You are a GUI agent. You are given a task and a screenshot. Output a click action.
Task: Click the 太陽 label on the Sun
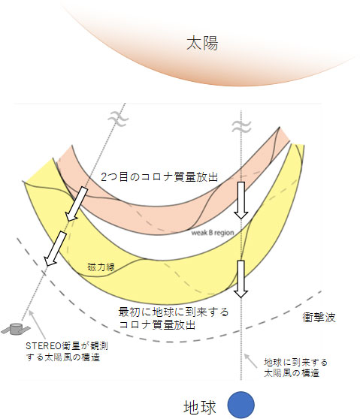tap(202, 44)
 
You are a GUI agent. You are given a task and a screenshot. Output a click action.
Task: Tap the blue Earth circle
tap(241, 405)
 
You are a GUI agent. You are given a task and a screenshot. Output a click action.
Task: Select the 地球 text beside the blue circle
tap(200, 408)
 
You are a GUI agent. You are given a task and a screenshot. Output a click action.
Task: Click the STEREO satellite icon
tap(16, 329)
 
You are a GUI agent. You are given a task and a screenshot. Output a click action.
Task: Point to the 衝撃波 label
tap(319, 318)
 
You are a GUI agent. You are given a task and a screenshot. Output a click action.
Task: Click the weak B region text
tap(213, 233)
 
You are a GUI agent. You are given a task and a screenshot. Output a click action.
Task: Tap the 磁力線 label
tap(101, 267)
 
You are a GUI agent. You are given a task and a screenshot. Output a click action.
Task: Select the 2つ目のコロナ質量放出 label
tap(159, 177)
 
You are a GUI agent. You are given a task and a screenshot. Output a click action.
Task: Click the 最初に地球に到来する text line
tap(174, 312)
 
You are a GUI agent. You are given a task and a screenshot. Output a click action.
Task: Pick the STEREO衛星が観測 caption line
tap(67, 346)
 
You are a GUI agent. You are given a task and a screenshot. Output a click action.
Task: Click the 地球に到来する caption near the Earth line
tap(296, 363)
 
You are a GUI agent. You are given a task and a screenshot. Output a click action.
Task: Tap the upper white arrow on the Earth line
tap(241, 200)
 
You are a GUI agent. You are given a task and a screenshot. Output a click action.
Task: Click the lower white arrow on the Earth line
tap(241, 279)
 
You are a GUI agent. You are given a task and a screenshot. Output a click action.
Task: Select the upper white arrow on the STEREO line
tap(77, 204)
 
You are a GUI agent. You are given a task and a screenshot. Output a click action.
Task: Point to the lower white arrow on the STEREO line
tap(55, 249)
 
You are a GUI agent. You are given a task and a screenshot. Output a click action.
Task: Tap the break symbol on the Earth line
tap(241, 127)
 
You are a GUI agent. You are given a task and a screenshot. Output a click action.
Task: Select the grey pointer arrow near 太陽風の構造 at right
tap(251, 361)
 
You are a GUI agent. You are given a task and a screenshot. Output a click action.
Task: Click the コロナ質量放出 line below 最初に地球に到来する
tap(157, 325)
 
